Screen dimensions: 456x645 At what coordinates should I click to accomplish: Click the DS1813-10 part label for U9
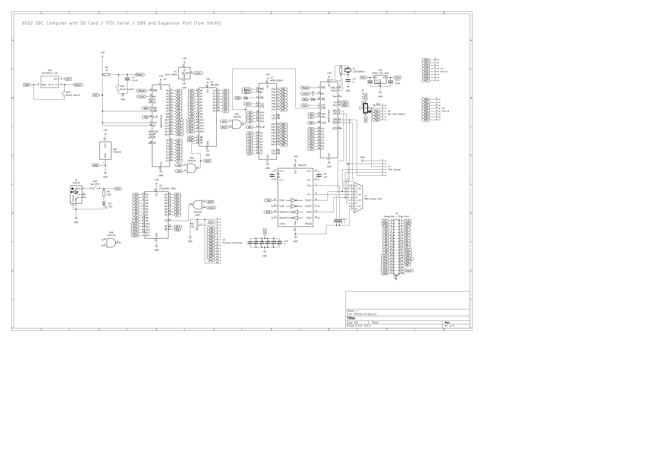50,73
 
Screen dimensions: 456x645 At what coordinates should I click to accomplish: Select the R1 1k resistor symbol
107,75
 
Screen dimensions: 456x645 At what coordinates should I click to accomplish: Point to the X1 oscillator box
184,73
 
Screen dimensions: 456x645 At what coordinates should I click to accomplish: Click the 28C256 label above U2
215,85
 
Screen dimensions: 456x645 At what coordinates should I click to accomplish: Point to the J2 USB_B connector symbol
76,194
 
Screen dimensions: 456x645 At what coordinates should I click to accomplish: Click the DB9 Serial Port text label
373,199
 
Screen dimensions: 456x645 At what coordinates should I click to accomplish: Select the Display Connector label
232,243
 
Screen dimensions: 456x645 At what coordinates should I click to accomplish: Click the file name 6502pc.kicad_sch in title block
365,314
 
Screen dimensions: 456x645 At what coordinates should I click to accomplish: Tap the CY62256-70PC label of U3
168,189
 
